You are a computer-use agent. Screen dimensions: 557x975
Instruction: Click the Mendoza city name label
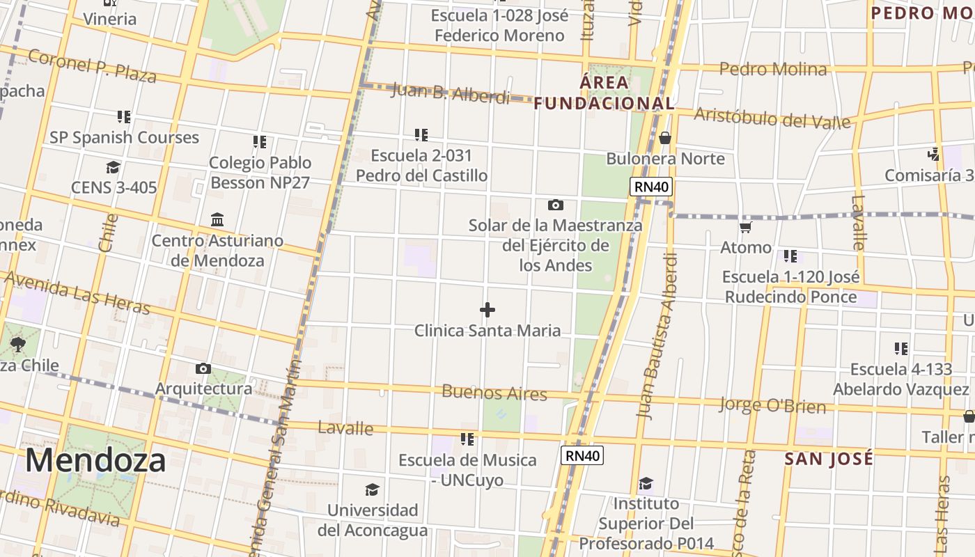point(95,460)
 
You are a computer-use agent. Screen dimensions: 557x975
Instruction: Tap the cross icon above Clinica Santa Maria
point(487,310)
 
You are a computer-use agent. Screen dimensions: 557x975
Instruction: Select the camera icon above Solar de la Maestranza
point(555,205)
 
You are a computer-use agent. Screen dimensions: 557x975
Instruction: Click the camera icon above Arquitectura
point(203,368)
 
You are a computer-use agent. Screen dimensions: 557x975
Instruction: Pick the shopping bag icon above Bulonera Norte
point(665,138)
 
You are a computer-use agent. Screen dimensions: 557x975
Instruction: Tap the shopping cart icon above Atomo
point(746,227)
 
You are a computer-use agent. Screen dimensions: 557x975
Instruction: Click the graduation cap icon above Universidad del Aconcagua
point(373,489)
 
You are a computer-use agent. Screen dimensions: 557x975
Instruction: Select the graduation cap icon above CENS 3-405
point(113,167)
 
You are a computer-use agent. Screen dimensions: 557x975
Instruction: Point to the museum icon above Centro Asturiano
point(217,220)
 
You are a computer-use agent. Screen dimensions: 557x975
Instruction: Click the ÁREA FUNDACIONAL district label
point(604,93)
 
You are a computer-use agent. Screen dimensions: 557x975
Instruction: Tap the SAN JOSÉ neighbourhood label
point(828,459)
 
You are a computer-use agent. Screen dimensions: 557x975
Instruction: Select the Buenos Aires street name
point(494,392)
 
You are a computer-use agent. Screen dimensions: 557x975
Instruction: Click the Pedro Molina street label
point(773,69)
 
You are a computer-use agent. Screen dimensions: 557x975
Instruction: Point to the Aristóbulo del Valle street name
point(772,118)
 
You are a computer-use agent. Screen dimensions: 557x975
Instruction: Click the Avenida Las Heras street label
point(77,292)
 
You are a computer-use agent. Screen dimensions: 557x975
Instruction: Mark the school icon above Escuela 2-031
point(421,134)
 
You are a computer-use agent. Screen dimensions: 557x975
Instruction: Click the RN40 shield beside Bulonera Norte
point(651,186)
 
